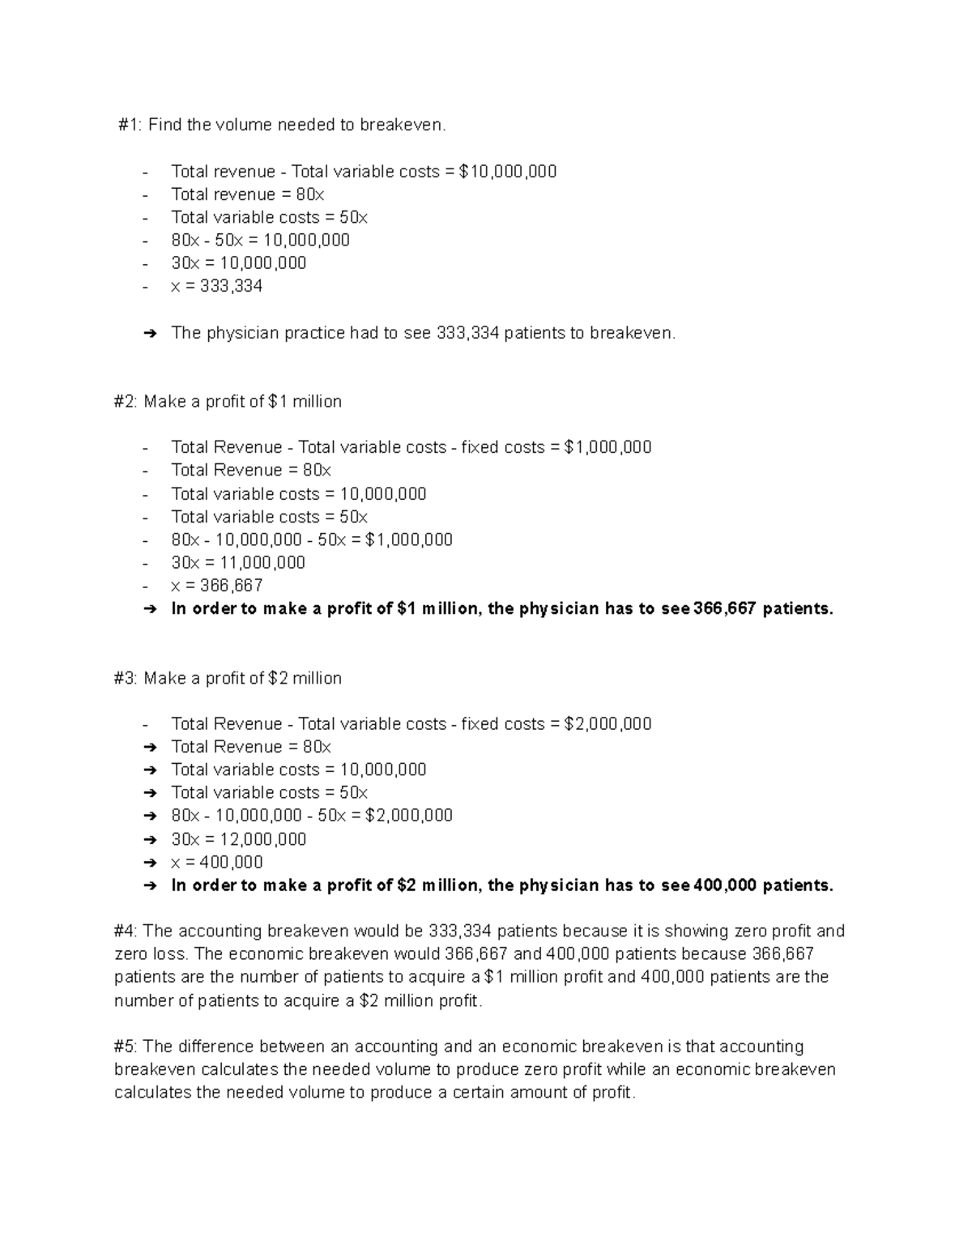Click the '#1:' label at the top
130,125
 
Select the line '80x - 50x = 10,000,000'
260,240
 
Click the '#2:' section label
126,402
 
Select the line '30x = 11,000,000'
238,562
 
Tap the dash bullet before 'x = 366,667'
145,586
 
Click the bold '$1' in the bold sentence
407,609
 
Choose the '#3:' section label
126,678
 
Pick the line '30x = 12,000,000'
238,839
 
